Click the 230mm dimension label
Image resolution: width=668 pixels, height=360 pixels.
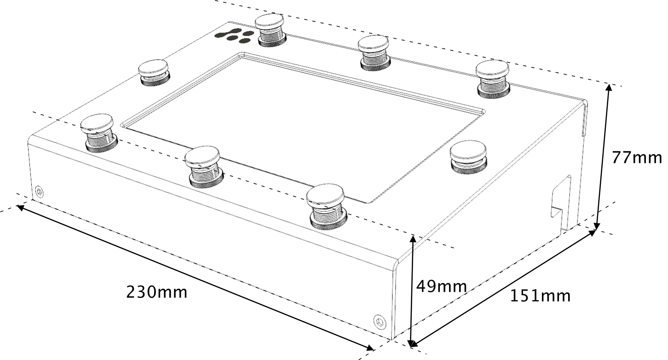[x=157, y=292]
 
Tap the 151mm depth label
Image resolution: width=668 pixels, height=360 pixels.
[x=540, y=296]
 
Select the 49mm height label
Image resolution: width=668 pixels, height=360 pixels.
[x=441, y=286]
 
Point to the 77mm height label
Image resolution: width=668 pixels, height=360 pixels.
[x=636, y=157]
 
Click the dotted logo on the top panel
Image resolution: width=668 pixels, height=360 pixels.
[x=234, y=35]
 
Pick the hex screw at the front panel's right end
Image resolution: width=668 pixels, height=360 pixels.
[x=380, y=322]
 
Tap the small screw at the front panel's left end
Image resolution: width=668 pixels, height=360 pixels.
[x=39, y=192]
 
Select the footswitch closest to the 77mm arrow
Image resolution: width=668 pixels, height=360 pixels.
[x=492, y=79]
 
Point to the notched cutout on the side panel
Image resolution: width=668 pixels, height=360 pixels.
[x=561, y=203]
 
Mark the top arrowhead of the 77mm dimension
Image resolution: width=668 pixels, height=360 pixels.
[x=609, y=87]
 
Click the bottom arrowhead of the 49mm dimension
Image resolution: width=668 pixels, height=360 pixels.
[x=412, y=344]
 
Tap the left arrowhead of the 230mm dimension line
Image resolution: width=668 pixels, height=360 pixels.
[x=20, y=207]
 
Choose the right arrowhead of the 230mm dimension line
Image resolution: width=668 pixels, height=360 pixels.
[x=369, y=348]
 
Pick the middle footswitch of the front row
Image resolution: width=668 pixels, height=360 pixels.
[x=204, y=167]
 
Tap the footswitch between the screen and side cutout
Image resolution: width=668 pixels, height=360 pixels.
[x=469, y=157]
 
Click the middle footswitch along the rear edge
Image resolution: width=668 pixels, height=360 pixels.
[x=374, y=53]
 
